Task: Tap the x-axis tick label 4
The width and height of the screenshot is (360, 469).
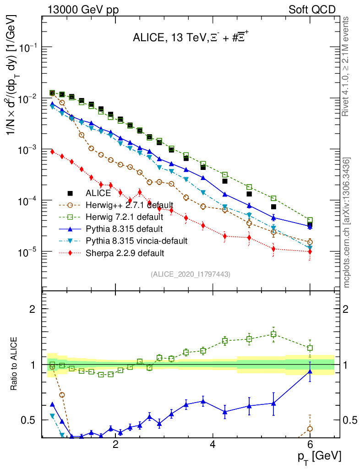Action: tap(213, 445)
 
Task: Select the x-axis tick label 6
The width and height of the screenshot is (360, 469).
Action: tap(310, 445)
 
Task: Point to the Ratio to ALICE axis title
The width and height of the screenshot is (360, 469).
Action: tap(15, 363)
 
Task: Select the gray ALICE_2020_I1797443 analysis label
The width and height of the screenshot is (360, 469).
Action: tap(190, 274)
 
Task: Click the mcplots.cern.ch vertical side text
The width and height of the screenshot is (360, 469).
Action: tap(347, 223)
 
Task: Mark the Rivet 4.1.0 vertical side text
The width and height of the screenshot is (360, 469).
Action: tap(347, 66)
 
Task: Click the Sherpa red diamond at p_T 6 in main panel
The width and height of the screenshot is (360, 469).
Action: tap(310, 251)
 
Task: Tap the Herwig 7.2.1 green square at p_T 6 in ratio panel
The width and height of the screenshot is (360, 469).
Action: tap(310, 348)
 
